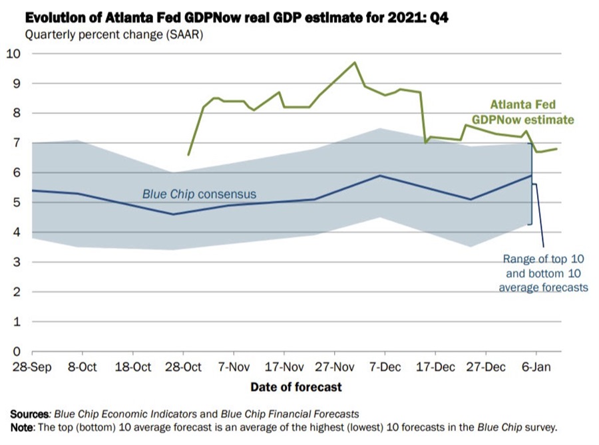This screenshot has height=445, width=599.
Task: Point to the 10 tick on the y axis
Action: click(x=14, y=54)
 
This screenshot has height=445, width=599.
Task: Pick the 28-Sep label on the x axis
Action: click(x=31, y=367)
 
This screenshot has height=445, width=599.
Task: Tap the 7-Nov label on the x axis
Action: click(x=234, y=367)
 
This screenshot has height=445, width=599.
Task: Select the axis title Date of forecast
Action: click(x=296, y=386)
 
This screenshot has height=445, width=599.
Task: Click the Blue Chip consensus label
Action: click(x=199, y=195)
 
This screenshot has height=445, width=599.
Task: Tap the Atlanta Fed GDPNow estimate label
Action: click(x=522, y=112)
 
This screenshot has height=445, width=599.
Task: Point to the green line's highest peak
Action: click(x=354, y=63)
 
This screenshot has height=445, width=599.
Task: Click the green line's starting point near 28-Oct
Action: click(x=188, y=154)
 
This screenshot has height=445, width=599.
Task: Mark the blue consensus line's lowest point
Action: click(x=173, y=214)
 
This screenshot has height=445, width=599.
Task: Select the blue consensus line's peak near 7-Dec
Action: click(x=379, y=176)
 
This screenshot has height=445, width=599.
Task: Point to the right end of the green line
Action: click(x=556, y=149)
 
